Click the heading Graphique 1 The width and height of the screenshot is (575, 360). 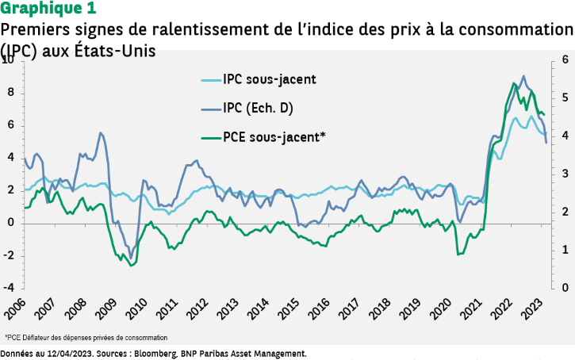coord(49,10)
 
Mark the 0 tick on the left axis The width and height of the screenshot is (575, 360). coord(11,222)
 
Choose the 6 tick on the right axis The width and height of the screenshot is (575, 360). coord(565,59)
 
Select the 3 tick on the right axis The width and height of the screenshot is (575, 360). coord(565,174)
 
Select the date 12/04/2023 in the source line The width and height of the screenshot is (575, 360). coord(70,352)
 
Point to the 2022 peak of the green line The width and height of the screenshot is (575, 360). coord(514,83)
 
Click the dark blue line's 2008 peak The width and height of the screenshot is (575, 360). coord(100,132)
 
